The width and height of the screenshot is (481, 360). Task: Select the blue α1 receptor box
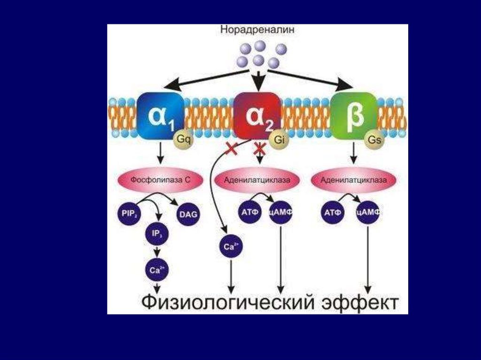coord(161,115)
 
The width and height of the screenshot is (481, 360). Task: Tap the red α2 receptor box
coord(256,115)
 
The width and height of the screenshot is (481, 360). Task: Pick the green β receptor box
coord(353,115)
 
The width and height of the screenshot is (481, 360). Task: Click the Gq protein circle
coord(184,139)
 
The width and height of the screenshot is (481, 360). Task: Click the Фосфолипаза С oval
coord(160,179)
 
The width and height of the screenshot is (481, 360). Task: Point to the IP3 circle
coord(157,233)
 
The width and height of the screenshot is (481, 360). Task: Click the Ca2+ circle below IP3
coord(157,269)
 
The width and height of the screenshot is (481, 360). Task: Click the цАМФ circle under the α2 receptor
coord(281,213)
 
